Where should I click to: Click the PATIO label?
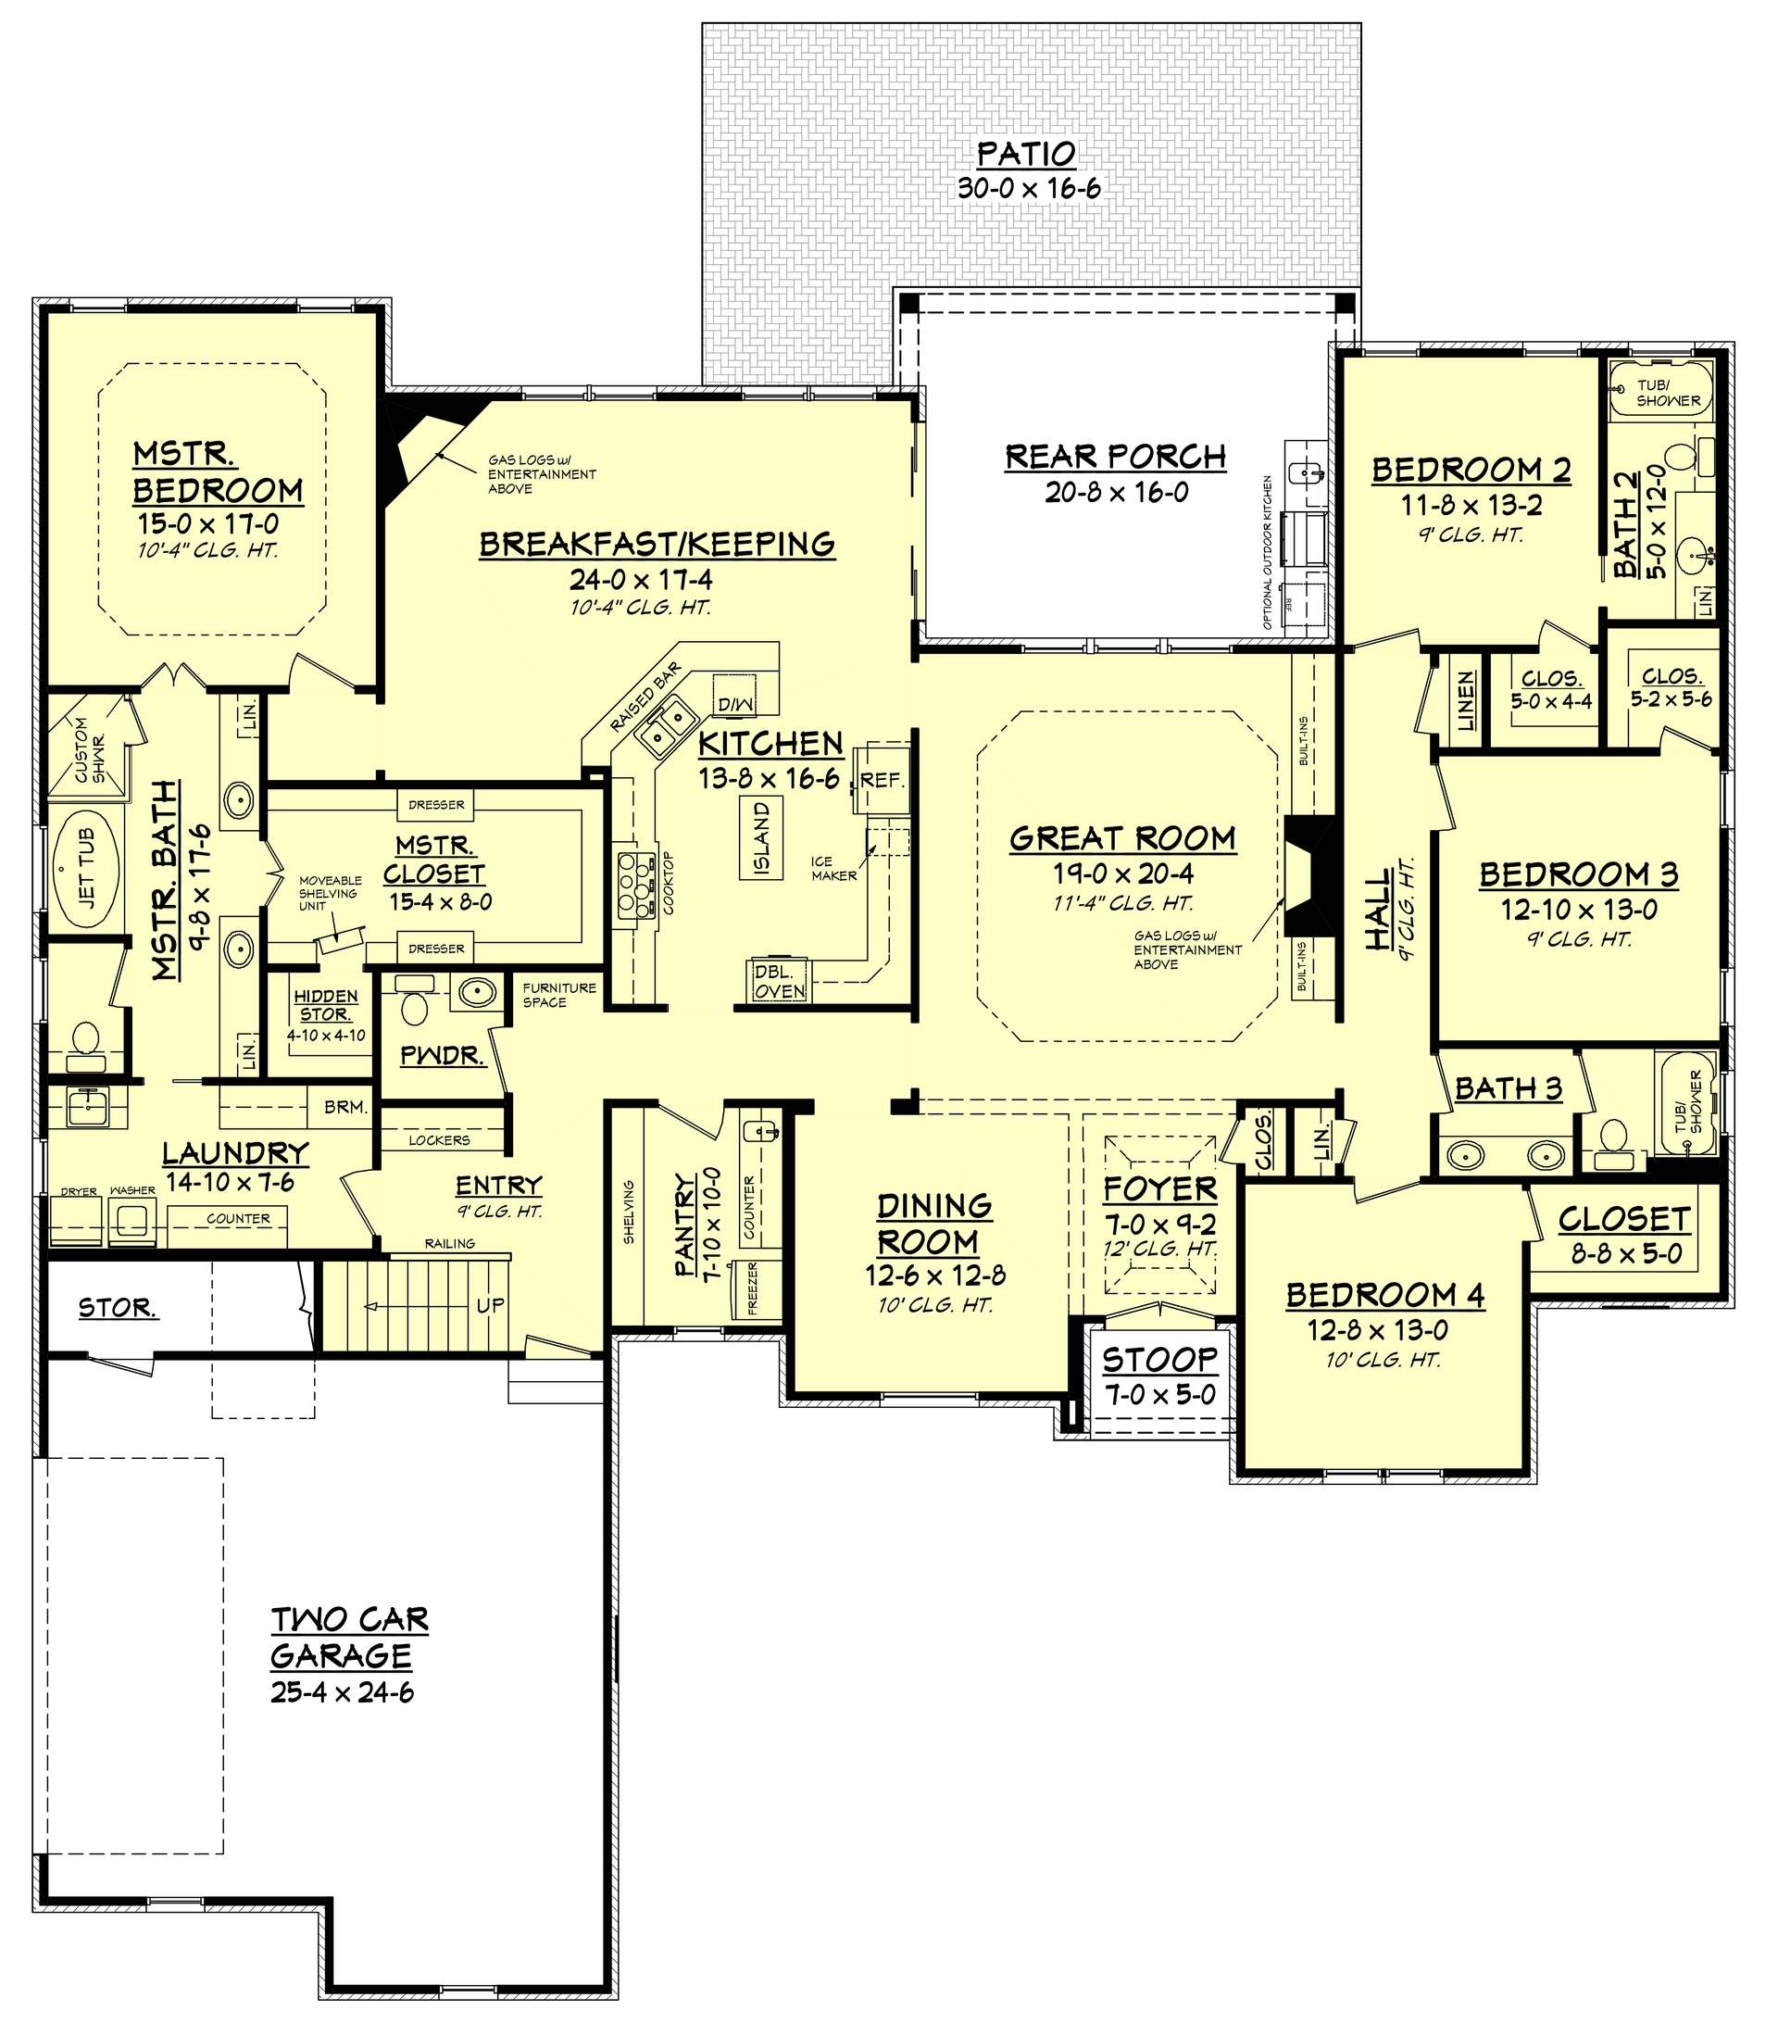click(x=1026, y=155)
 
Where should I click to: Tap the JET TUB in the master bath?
click(x=85, y=869)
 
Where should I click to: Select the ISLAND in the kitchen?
click(x=762, y=838)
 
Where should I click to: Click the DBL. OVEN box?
click(x=780, y=981)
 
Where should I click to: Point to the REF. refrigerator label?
click(x=882, y=780)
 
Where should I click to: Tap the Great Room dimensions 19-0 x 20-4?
click(x=1123, y=873)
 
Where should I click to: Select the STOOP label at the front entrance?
click(x=1159, y=1360)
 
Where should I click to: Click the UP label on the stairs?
click(x=490, y=1305)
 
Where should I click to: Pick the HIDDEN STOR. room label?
click(x=327, y=1005)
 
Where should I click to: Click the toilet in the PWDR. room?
click(x=414, y=1006)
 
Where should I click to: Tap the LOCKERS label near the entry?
click(x=439, y=1140)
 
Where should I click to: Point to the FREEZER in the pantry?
click(x=752, y=1288)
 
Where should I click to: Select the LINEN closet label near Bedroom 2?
click(x=1466, y=699)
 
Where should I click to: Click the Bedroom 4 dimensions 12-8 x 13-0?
click(x=1377, y=1330)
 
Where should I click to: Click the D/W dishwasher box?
click(x=734, y=704)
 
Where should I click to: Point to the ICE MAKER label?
click(x=833, y=868)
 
